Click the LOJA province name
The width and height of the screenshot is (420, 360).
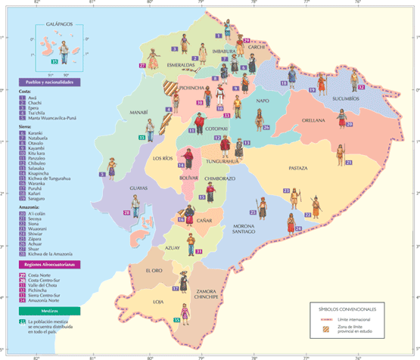(158, 302)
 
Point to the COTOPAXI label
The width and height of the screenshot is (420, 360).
(218, 130)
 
